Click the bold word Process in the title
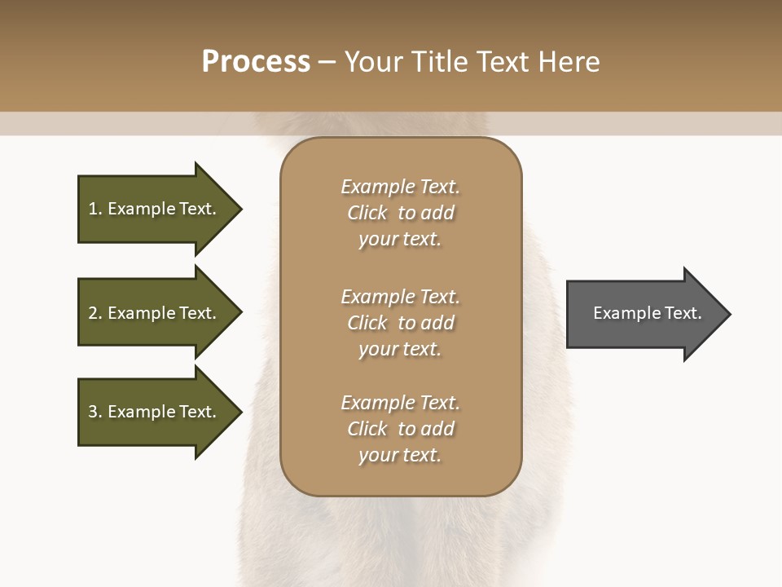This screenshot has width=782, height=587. [x=256, y=62]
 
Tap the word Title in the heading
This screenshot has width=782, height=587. [x=437, y=62]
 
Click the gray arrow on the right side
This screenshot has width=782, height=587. [x=644, y=314]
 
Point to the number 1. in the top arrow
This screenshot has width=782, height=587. [x=95, y=209]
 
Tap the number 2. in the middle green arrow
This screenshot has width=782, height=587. [x=95, y=313]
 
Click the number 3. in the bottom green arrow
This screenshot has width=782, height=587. [x=95, y=412]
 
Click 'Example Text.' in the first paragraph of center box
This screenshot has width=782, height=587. [x=400, y=187]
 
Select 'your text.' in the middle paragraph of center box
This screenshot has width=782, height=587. [x=400, y=349]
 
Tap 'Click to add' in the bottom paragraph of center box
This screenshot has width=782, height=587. [x=400, y=429]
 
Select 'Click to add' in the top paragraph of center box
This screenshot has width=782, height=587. [x=400, y=213]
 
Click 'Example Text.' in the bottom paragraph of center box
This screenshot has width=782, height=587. [x=400, y=403]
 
